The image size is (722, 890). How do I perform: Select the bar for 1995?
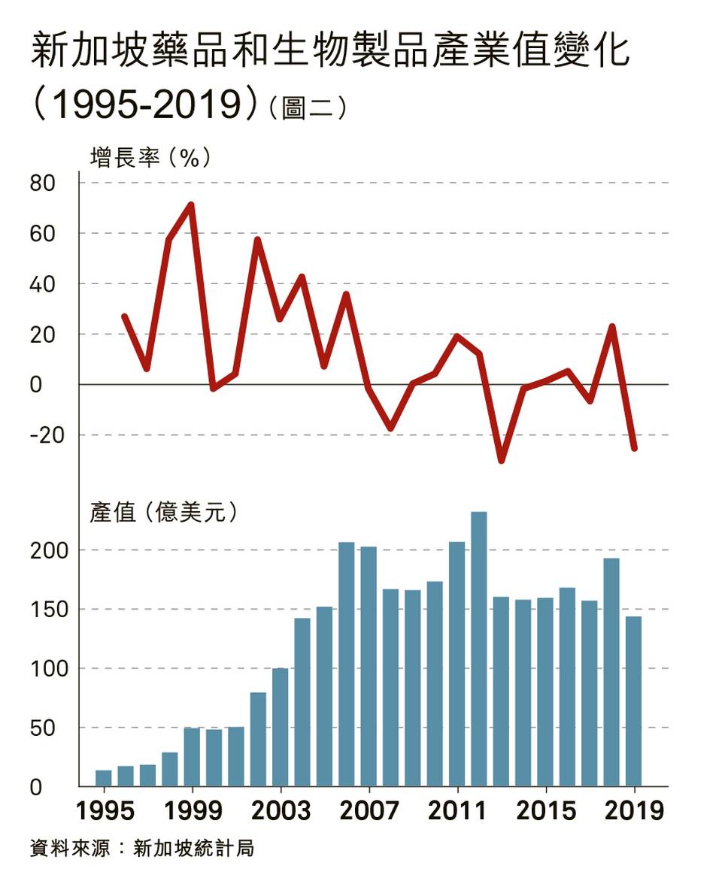pos(103,778)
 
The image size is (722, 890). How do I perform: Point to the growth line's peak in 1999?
pos(191,204)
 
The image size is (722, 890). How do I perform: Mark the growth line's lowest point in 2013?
pos(501,460)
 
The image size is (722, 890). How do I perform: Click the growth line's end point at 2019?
pos(634,448)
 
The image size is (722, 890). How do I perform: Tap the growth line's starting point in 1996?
pos(125,316)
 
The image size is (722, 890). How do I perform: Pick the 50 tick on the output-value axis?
pos(42,728)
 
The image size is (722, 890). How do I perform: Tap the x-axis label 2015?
pos(546,812)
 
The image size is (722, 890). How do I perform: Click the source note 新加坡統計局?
pos(193,849)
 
